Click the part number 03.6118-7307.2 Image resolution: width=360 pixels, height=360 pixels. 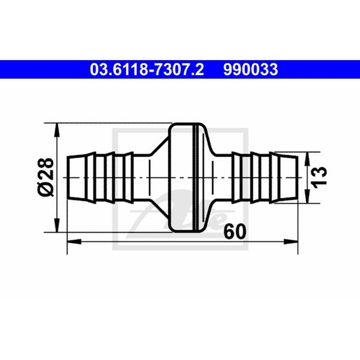click(x=147, y=69)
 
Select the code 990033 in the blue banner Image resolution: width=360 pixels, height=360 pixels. click(x=251, y=69)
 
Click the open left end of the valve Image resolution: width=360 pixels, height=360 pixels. click(x=68, y=177)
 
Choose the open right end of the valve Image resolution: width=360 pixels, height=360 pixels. click(x=297, y=177)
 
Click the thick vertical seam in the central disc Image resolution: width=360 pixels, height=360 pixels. click(x=195, y=177)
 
